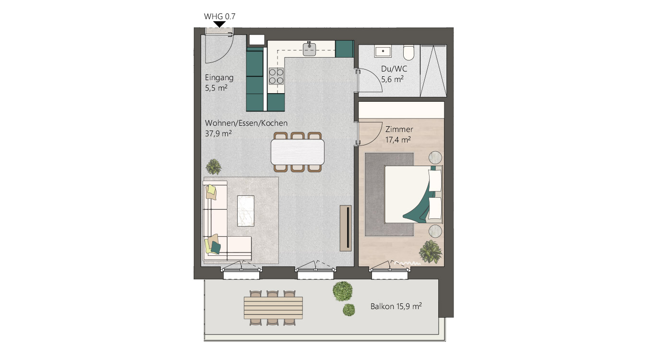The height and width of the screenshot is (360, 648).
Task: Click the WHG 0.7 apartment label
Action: [219, 16]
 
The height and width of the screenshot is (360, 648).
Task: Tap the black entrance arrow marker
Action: [219, 24]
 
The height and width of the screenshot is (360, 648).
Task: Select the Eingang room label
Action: [219, 78]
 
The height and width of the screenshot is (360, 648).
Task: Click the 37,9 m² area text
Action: [218, 133]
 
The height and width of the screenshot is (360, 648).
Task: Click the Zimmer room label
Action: [399, 129]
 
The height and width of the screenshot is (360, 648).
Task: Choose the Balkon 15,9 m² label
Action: [396, 306]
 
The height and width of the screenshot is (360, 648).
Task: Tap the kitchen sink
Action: [309, 49]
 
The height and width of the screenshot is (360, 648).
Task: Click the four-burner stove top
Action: [276, 76]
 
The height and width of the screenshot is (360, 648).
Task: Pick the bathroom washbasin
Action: [383, 51]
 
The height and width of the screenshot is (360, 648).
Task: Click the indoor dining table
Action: [298, 152]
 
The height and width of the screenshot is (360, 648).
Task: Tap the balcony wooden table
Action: [273, 308]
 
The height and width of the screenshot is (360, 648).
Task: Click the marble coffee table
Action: [246, 211]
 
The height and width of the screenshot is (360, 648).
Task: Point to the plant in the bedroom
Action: [431, 252]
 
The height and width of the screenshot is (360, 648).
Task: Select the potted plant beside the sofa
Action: [214, 167]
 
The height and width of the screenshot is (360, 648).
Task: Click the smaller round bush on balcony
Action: [349, 310]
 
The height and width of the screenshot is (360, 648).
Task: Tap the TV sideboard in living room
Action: [346, 228]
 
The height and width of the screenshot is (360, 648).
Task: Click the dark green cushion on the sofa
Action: [215, 247]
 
